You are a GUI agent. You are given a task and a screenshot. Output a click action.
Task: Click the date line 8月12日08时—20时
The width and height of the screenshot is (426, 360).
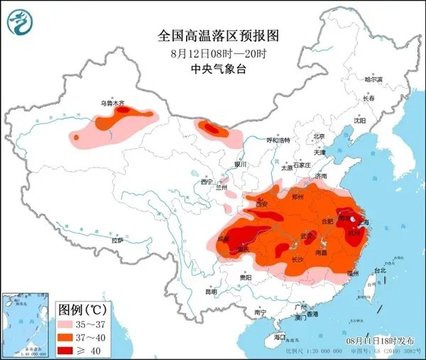pyautogui.click(x=212, y=53)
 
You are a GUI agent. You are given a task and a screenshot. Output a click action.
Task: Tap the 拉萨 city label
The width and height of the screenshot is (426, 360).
pyautogui.click(x=117, y=241)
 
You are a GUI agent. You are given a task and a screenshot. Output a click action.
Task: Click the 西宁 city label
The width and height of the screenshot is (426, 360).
pyautogui.click(x=207, y=182)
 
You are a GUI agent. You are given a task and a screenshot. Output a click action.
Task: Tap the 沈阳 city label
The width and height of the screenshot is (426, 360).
pyautogui.click(x=360, y=121)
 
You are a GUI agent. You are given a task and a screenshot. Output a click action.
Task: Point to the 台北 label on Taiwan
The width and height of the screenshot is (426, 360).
pyautogui.click(x=381, y=270)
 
